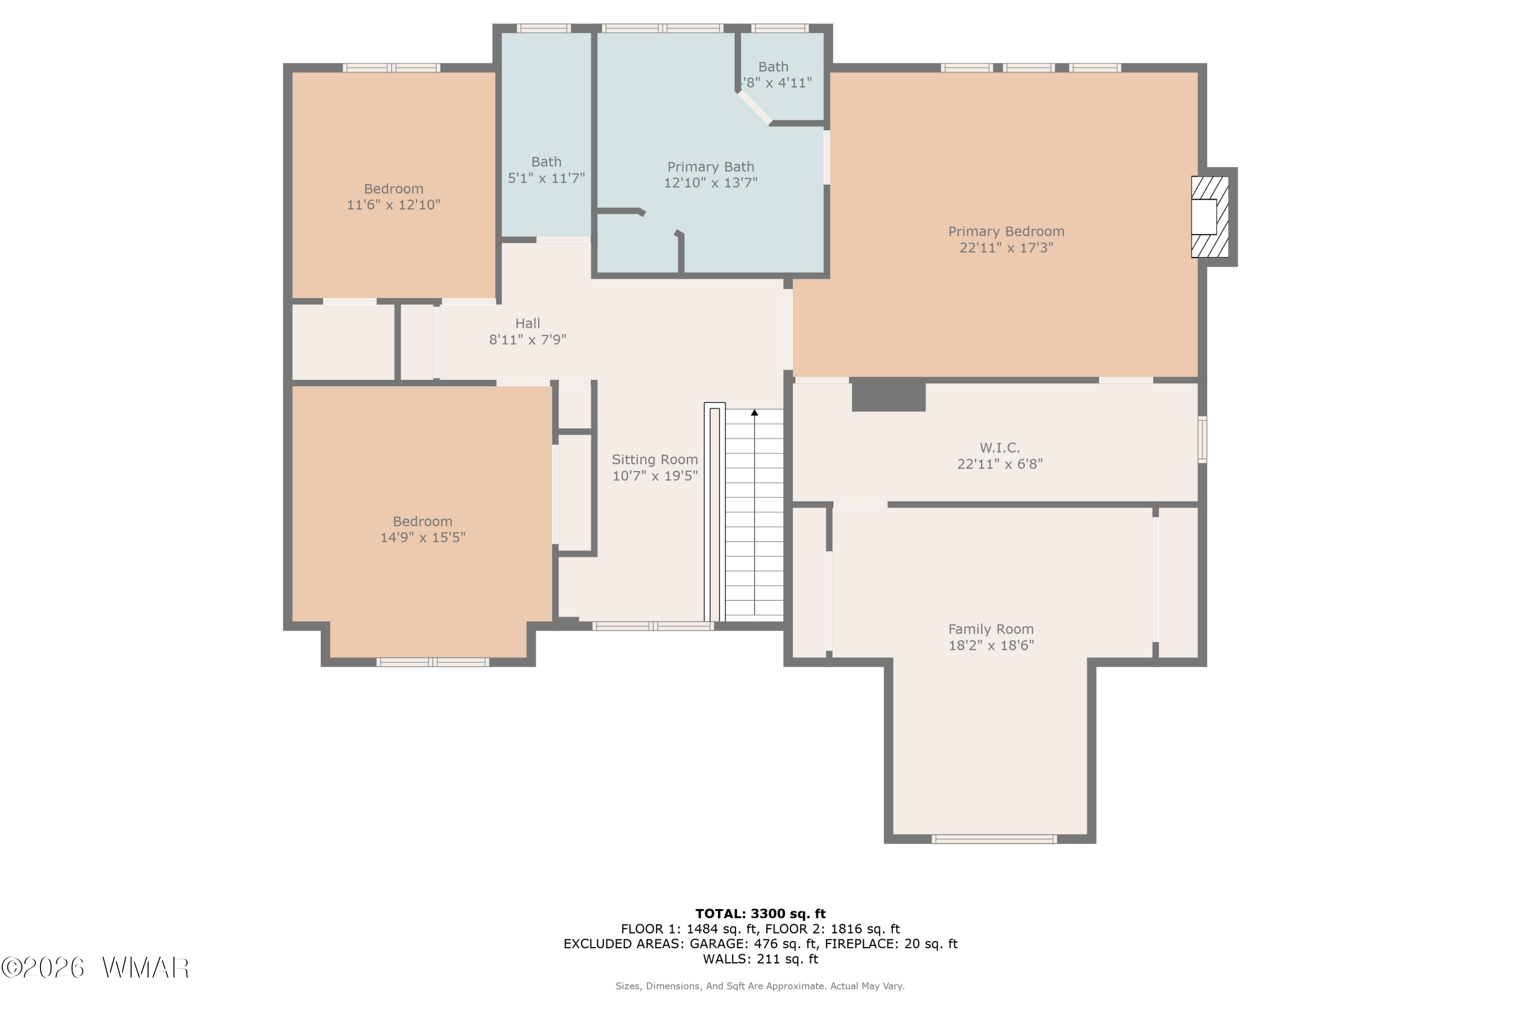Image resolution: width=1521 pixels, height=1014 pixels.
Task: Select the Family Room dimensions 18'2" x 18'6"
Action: coord(991,645)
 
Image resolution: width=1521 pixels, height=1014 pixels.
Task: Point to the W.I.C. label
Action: coord(999,448)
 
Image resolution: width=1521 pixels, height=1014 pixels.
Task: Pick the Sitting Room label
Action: coord(655,459)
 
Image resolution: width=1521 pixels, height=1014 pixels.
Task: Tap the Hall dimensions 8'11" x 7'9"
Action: coord(527,340)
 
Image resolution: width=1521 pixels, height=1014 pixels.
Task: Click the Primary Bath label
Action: coord(710,167)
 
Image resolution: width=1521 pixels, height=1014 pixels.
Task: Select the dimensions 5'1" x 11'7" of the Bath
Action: coord(546,178)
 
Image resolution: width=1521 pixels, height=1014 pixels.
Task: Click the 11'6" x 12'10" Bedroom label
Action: coord(393,189)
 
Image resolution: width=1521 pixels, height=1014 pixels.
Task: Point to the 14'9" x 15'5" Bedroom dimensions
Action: coord(422,537)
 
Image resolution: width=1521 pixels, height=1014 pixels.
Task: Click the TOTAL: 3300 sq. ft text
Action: coord(760,914)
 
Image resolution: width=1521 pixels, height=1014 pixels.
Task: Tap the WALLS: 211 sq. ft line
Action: coord(760,959)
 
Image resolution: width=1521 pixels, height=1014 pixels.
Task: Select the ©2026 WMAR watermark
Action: coord(95,967)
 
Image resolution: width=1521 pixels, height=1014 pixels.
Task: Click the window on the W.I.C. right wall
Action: coord(1202,439)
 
